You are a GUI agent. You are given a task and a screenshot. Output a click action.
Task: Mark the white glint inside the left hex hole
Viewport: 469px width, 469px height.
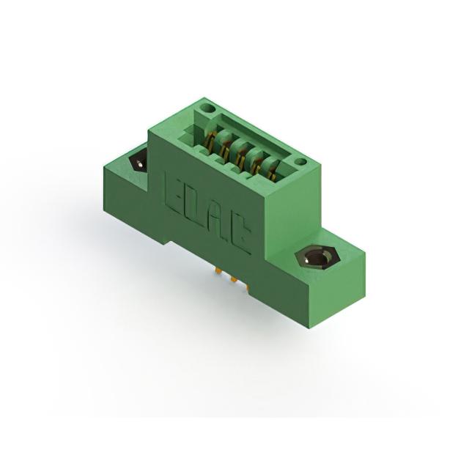click(x=139, y=164)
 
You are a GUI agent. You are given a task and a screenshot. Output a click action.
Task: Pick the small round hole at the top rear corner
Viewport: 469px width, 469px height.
click(x=209, y=108)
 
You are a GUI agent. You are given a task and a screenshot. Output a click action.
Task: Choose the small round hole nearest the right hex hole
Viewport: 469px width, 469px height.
click(x=300, y=162)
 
